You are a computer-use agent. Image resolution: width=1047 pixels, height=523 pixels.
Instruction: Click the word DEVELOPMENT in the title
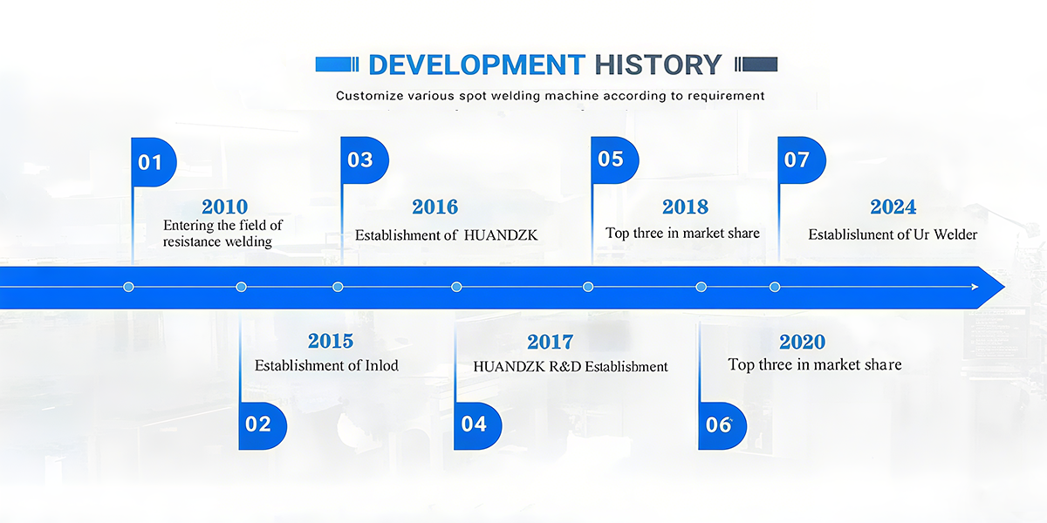pyautogui.click(x=476, y=65)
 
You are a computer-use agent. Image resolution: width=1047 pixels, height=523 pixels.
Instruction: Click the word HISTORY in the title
pyautogui.click(x=658, y=65)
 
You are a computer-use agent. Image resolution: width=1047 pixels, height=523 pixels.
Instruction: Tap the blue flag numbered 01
pyautogui.click(x=154, y=162)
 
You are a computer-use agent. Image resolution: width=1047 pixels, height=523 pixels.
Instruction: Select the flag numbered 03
pyautogui.click(x=365, y=160)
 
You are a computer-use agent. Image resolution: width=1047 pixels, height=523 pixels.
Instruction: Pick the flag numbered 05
pyautogui.click(x=614, y=160)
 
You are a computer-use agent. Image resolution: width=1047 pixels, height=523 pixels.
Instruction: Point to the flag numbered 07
pyautogui.click(x=802, y=160)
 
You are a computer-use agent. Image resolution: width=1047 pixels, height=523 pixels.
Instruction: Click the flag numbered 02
pyautogui.click(x=263, y=426)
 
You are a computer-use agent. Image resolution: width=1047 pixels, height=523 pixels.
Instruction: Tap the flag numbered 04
pyautogui.click(x=478, y=426)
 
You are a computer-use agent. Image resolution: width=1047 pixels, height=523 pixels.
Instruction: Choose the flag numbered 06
pyautogui.click(x=722, y=426)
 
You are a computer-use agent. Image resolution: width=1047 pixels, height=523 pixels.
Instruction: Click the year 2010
pyautogui.click(x=224, y=207)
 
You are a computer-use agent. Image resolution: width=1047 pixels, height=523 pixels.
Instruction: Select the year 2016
pyautogui.click(x=435, y=207)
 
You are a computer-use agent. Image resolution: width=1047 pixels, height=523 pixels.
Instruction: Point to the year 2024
pyautogui.click(x=893, y=207)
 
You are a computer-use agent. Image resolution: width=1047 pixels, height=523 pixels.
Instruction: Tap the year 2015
pyautogui.click(x=331, y=341)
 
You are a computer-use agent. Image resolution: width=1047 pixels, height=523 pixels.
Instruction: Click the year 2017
pyautogui.click(x=551, y=342)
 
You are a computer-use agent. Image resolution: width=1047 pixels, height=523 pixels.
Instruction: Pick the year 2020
pyautogui.click(x=802, y=342)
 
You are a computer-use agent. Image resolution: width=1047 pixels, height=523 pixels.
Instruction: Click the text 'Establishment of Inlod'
pyautogui.click(x=326, y=365)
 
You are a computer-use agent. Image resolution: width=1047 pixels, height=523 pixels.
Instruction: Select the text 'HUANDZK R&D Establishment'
pyautogui.click(x=571, y=367)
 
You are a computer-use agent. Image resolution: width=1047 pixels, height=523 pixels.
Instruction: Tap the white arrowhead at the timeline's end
pyautogui.click(x=975, y=287)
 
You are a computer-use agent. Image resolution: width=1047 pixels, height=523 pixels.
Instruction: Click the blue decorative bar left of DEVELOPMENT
pyautogui.click(x=337, y=65)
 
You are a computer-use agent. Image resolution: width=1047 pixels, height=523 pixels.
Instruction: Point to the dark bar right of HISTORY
pyautogui.click(x=756, y=65)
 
